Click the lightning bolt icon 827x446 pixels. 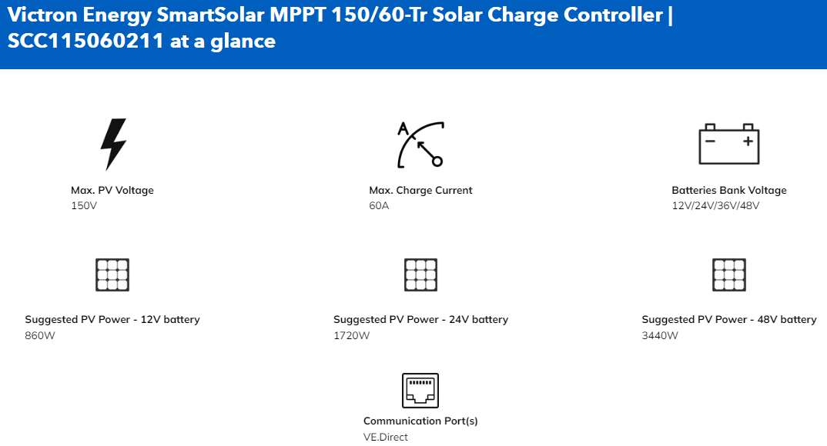[x=112, y=144]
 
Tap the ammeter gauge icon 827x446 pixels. [x=420, y=145]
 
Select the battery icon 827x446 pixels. [x=729, y=144]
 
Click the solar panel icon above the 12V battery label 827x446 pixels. [x=112, y=275]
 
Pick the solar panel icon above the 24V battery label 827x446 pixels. [x=421, y=275]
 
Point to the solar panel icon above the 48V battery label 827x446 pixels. [x=729, y=275]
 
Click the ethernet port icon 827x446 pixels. [x=420, y=391]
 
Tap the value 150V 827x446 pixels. [x=84, y=206]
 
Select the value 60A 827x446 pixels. [x=379, y=206]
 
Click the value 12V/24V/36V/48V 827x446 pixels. [x=715, y=206]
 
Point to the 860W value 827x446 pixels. [x=40, y=335]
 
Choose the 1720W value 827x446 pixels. [x=351, y=335]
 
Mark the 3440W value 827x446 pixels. [x=660, y=335]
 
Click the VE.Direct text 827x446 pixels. [x=386, y=437]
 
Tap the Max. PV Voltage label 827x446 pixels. [x=112, y=190]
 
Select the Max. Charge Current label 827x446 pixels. [x=420, y=190]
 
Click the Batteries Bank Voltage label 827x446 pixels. [x=729, y=190]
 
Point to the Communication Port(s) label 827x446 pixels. [x=420, y=421]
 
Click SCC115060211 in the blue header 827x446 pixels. [x=85, y=41]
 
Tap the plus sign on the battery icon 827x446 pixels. [x=748, y=141]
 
